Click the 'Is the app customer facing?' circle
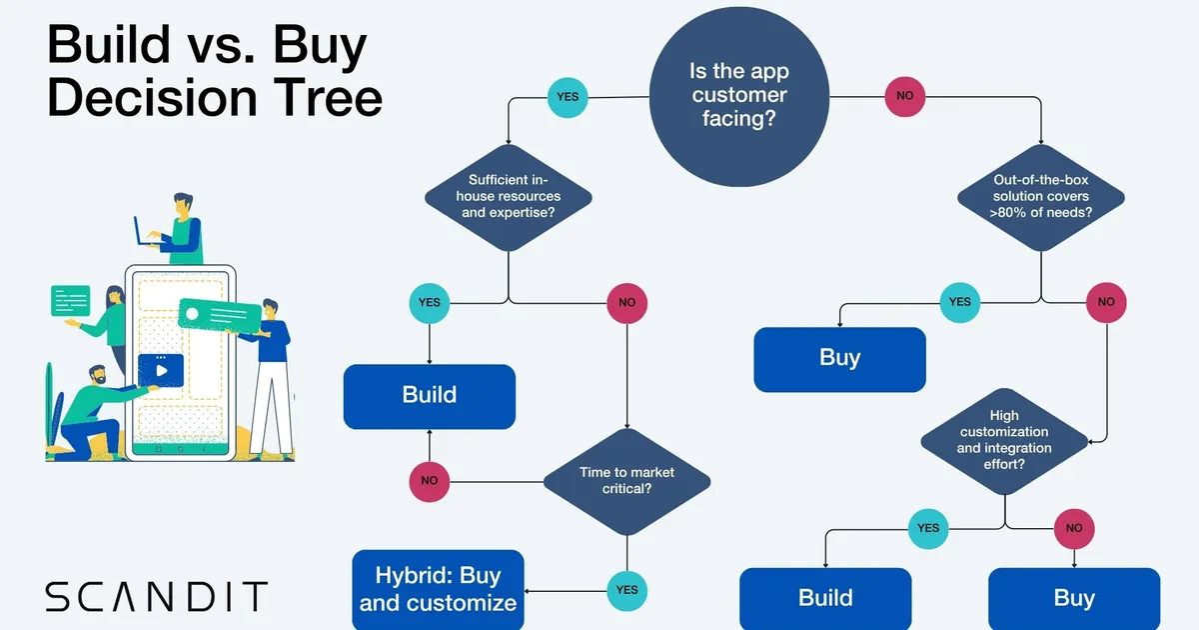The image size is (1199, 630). click(x=738, y=97)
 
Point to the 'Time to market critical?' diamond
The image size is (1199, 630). click(x=626, y=480)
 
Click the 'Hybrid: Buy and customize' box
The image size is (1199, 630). click(x=438, y=589)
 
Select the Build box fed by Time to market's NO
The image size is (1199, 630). click(x=430, y=395)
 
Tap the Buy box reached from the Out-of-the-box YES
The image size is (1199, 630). click(x=839, y=358)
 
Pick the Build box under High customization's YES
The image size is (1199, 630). click(x=825, y=598)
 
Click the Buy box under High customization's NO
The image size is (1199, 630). click(x=1074, y=598)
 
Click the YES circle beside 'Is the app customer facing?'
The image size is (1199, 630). click(x=567, y=98)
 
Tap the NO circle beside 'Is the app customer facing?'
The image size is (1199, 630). click(x=905, y=98)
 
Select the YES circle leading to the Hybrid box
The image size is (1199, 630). click(x=626, y=589)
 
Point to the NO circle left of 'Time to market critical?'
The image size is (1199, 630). click(x=430, y=480)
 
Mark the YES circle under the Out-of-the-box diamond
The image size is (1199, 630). click(x=959, y=301)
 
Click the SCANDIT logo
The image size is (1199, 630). click(x=157, y=596)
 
